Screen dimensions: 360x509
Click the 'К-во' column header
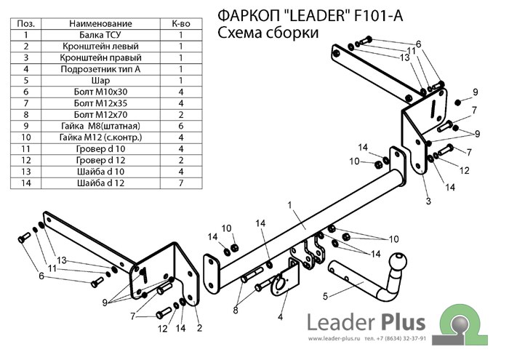point(180,23)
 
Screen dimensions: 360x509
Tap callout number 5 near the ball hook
point(325,295)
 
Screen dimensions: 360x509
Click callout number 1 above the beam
point(289,207)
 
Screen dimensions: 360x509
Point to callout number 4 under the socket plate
point(279,316)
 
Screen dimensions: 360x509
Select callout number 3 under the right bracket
point(428,201)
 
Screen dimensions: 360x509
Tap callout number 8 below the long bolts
point(236,311)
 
